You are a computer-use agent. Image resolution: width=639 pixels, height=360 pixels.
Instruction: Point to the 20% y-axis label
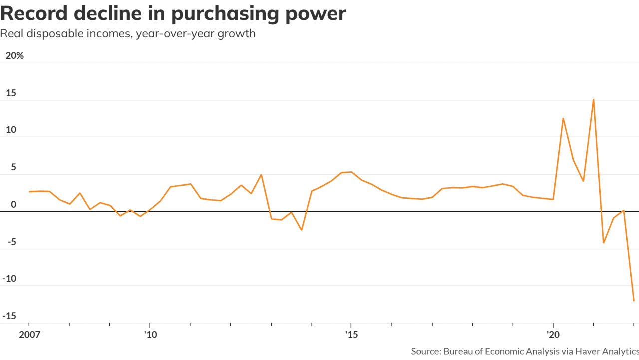(x=14, y=56)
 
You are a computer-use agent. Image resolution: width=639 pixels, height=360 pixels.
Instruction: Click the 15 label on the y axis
(x=11, y=93)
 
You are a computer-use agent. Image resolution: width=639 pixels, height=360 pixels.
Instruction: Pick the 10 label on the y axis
(x=11, y=130)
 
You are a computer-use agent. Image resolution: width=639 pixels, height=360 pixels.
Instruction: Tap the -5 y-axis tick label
(x=11, y=242)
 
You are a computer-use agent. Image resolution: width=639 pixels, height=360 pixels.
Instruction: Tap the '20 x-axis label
(x=553, y=333)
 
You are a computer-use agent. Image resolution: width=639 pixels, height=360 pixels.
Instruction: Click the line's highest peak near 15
(x=593, y=99)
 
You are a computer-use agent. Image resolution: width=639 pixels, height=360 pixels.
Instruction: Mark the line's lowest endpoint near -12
(x=634, y=301)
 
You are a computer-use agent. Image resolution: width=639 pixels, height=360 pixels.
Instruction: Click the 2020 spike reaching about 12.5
(x=563, y=118)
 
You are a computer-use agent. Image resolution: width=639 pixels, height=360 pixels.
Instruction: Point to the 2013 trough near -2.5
(x=301, y=230)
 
